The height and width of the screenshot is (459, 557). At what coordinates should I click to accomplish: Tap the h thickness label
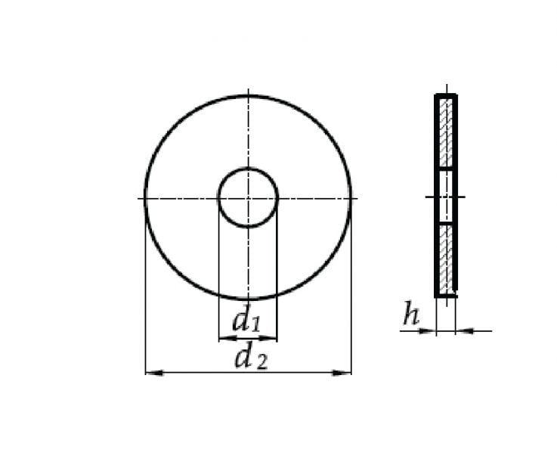click(x=411, y=314)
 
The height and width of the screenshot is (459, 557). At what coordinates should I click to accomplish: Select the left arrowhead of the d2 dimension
click(x=154, y=373)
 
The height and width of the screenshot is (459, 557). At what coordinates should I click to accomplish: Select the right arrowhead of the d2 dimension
click(x=342, y=373)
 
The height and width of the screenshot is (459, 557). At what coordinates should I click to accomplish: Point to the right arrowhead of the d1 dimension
click(x=268, y=338)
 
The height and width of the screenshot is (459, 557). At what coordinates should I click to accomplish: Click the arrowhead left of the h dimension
click(x=427, y=331)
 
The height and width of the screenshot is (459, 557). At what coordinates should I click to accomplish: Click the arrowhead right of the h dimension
click(x=464, y=331)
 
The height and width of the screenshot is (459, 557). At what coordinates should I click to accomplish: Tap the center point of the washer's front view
click(x=248, y=197)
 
